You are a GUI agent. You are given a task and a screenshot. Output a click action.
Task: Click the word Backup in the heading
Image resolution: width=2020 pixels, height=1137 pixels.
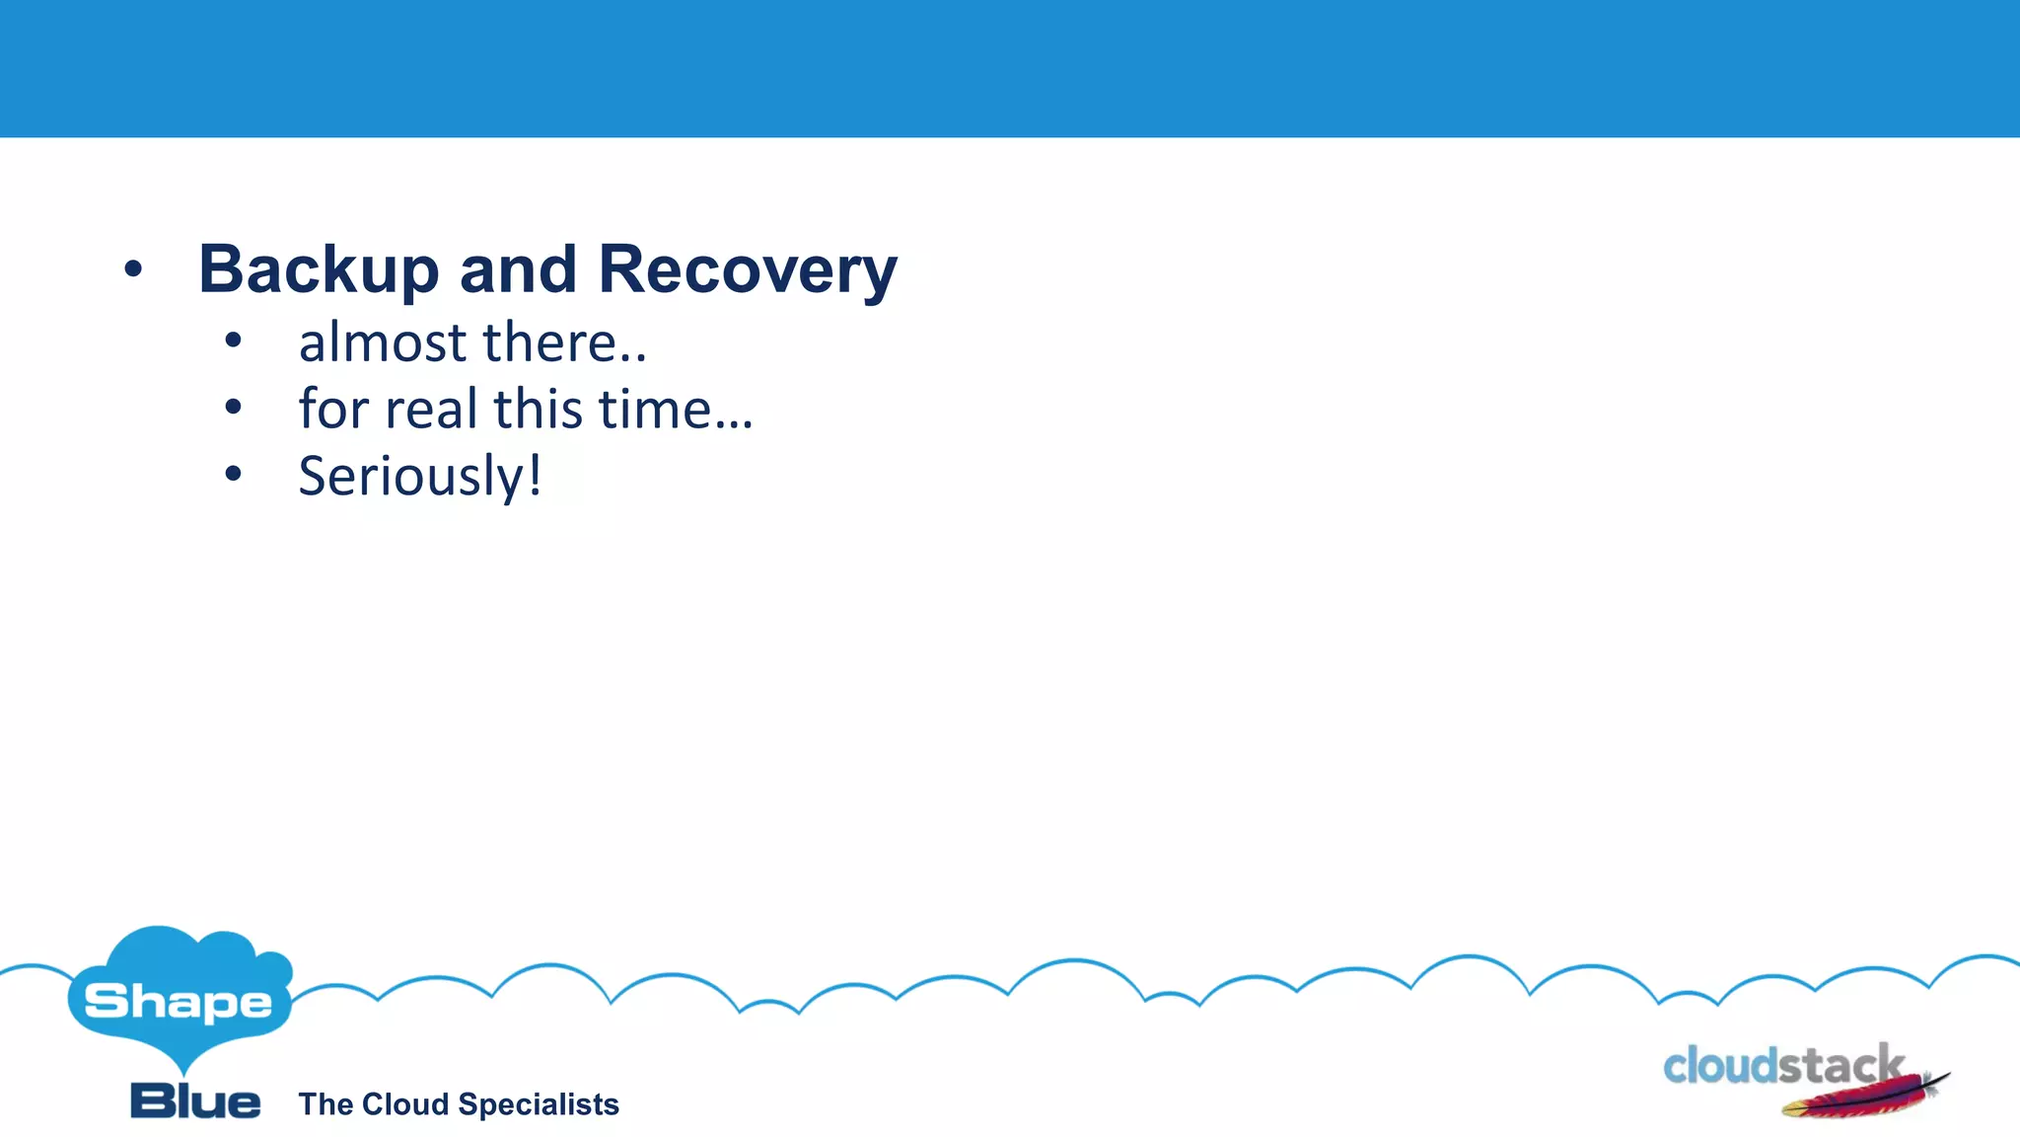click(318, 269)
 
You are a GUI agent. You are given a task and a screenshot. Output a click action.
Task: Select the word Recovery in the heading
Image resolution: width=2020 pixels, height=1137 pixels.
click(748, 269)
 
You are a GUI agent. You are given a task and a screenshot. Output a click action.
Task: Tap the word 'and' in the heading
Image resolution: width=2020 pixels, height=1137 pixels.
click(518, 269)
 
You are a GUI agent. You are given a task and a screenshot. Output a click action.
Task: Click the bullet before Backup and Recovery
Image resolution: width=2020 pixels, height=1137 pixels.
click(133, 268)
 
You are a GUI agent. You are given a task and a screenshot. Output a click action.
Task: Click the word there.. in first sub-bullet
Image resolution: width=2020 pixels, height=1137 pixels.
click(564, 342)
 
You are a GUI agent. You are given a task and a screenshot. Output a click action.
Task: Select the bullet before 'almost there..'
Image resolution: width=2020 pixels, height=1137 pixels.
click(233, 341)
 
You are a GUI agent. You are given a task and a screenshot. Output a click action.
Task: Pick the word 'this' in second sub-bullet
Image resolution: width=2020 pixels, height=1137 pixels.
click(539, 409)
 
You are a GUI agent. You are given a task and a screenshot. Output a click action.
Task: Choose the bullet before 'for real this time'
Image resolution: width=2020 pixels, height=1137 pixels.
click(233, 407)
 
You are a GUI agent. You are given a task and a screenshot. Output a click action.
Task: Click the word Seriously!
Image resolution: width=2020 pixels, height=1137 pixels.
click(420, 477)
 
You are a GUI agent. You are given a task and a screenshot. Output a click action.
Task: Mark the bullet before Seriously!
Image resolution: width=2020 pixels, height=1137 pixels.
click(233, 474)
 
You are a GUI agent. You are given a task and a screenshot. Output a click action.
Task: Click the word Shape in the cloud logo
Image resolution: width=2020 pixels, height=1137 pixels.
click(179, 1002)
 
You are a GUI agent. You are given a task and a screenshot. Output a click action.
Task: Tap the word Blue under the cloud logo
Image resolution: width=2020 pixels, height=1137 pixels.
click(195, 1100)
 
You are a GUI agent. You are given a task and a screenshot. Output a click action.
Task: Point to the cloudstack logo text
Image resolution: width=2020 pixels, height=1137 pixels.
click(1781, 1066)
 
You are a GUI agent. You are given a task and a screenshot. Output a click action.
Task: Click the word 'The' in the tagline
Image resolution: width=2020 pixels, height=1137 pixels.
click(325, 1103)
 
